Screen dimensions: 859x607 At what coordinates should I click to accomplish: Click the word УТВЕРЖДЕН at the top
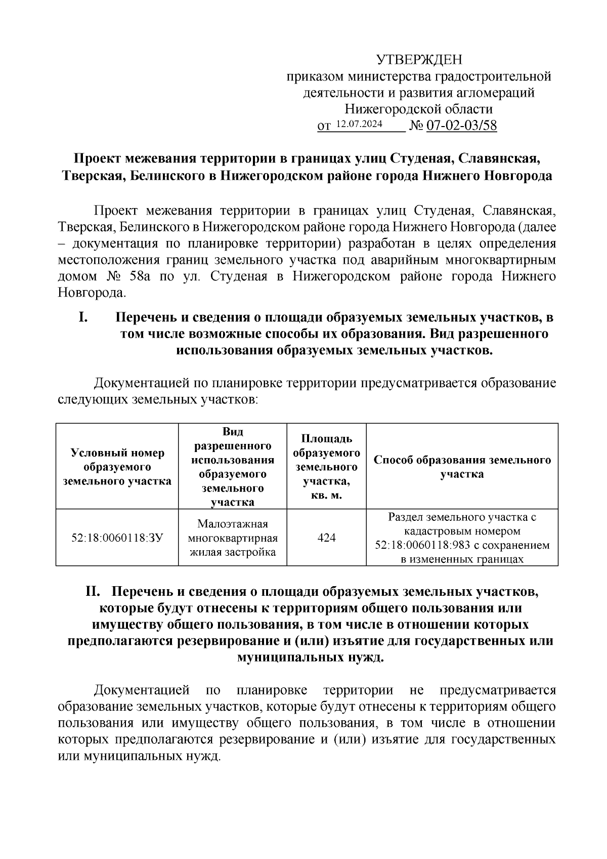(419, 60)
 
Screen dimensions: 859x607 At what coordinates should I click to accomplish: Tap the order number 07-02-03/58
(462, 126)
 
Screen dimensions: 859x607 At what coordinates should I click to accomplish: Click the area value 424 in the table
(326, 538)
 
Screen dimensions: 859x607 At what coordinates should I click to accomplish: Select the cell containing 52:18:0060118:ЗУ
(117, 538)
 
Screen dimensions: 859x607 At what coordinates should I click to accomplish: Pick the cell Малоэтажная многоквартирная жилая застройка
(232, 538)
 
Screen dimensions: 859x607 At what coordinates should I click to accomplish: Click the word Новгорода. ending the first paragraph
(92, 293)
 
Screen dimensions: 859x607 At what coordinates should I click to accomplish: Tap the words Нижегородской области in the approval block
(418, 109)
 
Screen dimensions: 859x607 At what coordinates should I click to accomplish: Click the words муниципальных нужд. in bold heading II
(310, 658)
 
